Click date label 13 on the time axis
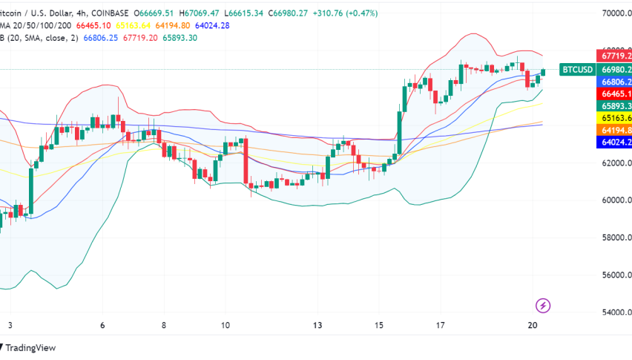pyautogui.click(x=317, y=326)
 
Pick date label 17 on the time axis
pyautogui.click(x=440, y=326)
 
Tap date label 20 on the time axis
pyautogui.click(x=532, y=326)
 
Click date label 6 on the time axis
pyautogui.click(x=103, y=326)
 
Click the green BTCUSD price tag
pyautogui.click(x=577, y=69)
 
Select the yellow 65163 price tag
pyautogui.click(x=615, y=117)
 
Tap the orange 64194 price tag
pyautogui.click(x=615, y=130)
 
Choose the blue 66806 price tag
pyautogui.click(x=615, y=82)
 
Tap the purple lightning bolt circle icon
pyautogui.click(x=543, y=305)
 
